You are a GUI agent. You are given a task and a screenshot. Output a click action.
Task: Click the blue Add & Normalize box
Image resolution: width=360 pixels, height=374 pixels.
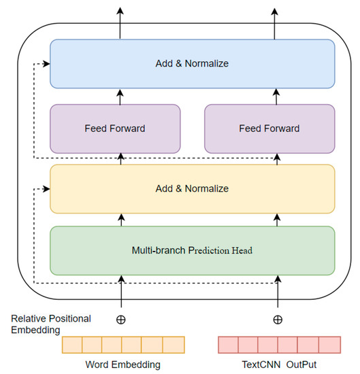(x=192, y=63)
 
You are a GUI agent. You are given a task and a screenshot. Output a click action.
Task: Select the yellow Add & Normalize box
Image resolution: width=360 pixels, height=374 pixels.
(x=192, y=188)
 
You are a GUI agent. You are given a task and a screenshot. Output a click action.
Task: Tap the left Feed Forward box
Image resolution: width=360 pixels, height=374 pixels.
(x=115, y=128)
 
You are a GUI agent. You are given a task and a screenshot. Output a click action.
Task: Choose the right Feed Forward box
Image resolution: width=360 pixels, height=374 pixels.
(x=269, y=128)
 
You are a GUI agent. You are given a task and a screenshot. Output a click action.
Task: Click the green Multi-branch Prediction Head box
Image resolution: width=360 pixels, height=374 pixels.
(x=192, y=250)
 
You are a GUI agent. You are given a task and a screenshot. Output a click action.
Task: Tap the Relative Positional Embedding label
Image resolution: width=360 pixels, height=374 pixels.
(x=51, y=324)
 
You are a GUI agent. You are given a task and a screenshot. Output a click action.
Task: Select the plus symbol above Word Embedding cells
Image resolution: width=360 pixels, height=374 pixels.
(x=121, y=319)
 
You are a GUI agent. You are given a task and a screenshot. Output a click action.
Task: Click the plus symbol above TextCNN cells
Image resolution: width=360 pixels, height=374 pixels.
(x=277, y=319)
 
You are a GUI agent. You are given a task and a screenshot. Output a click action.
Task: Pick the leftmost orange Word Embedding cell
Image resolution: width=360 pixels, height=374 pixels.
(x=71, y=344)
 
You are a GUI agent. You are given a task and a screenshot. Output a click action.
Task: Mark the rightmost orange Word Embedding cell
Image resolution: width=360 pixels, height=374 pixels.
(x=174, y=344)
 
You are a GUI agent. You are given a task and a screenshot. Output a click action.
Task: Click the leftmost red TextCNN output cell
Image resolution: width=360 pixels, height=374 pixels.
(x=227, y=344)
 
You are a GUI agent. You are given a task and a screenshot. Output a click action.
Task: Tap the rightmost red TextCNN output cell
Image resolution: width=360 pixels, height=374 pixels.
(x=329, y=344)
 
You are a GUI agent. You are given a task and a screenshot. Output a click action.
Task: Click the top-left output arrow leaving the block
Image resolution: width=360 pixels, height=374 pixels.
(x=121, y=20)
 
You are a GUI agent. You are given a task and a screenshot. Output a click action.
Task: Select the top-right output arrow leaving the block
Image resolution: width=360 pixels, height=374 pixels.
(x=277, y=20)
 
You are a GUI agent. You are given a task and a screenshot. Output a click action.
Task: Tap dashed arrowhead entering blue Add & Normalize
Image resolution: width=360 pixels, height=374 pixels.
(x=46, y=64)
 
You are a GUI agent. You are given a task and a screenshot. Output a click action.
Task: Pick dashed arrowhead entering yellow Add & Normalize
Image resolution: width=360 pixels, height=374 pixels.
(x=46, y=188)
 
